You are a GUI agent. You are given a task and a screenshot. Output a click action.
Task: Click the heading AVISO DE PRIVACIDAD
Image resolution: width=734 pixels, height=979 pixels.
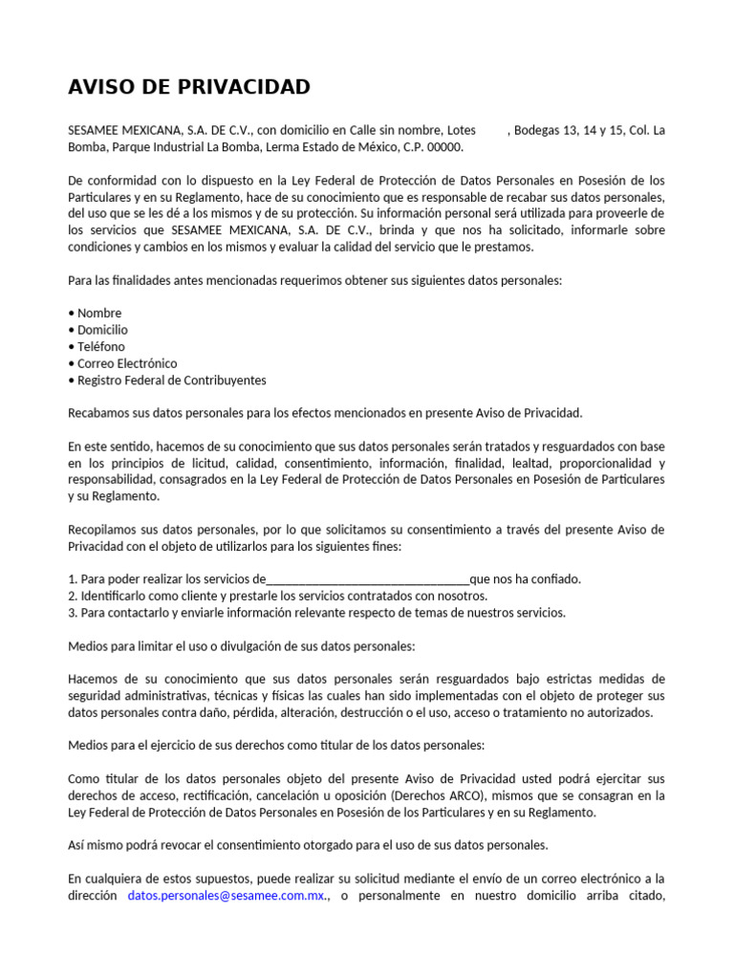point(189,87)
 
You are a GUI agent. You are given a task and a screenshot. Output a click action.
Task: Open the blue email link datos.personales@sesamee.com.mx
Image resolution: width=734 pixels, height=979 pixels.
point(227,896)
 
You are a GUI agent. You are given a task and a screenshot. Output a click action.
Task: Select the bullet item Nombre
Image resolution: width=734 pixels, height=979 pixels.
point(99,313)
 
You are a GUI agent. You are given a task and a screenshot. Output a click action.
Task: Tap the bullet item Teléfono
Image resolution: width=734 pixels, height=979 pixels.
point(100,346)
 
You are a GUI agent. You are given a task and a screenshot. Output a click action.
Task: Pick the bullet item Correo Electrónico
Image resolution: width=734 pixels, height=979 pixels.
point(127,363)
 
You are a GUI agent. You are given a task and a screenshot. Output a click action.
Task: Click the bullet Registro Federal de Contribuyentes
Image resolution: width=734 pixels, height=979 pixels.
point(172,380)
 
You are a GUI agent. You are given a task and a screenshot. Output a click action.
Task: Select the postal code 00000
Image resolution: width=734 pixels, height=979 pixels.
point(445,147)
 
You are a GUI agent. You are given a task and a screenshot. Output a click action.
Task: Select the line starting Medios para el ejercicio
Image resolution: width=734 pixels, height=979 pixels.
point(276,745)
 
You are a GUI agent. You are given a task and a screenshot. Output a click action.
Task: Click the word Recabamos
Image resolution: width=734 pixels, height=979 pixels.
point(101,413)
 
